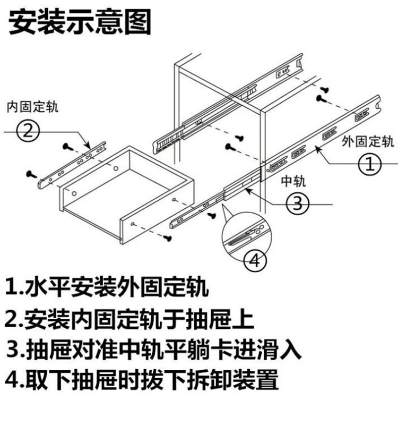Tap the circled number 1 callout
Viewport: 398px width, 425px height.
(x=370, y=164)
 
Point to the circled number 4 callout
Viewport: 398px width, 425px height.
(x=255, y=260)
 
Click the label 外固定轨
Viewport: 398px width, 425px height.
(x=367, y=141)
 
